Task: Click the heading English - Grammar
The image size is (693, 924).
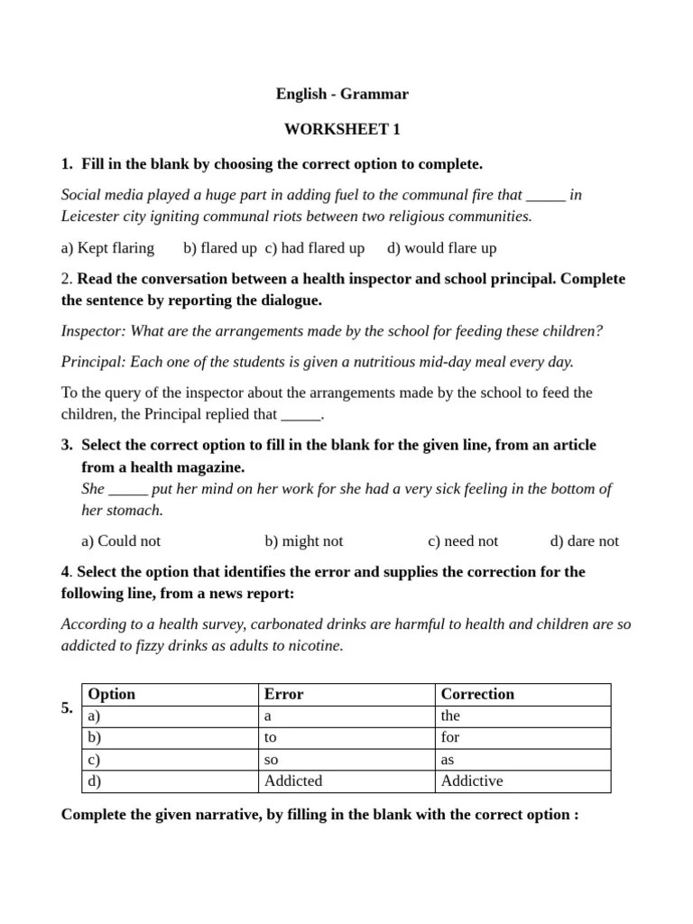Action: (x=342, y=94)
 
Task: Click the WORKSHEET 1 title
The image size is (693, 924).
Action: (x=342, y=129)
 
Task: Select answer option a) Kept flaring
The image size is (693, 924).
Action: (x=107, y=247)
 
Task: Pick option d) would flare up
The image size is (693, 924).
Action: (x=441, y=247)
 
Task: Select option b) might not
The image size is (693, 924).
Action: (x=304, y=541)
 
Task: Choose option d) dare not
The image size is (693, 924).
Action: (x=584, y=541)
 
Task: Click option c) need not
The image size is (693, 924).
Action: (x=463, y=541)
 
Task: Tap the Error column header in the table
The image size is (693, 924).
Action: (x=283, y=694)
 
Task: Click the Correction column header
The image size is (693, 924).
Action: (x=476, y=694)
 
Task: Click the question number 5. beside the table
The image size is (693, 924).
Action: (x=68, y=707)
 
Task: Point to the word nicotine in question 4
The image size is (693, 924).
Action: (x=315, y=646)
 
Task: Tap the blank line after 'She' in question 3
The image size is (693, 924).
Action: (x=128, y=489)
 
